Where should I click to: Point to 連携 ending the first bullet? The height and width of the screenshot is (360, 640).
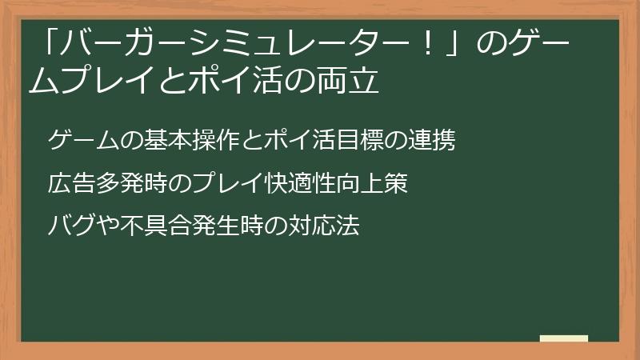431,142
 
